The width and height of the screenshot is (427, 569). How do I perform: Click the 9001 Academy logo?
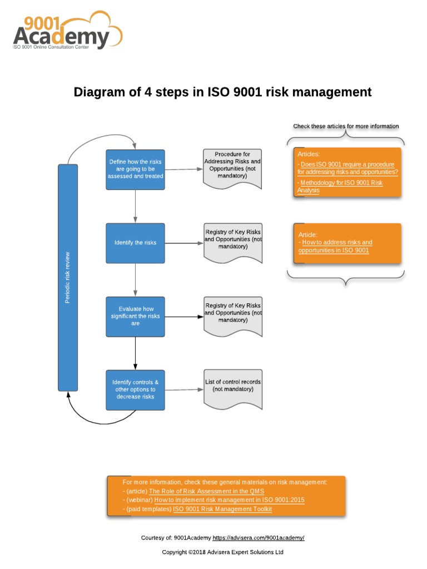(x=67, y=31)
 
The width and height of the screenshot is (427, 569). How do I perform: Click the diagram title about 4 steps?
(x=222, y=92)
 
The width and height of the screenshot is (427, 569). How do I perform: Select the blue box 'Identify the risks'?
(x=135, y=243)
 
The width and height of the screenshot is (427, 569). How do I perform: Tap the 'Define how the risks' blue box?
(x=135, y=169)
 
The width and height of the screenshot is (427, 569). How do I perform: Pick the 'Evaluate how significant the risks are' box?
(x=135, y=316)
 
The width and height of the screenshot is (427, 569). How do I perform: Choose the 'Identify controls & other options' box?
(x=135, y=390)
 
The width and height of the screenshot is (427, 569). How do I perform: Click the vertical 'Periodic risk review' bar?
(x=68, y=277)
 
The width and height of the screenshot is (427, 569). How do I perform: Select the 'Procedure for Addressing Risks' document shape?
(x=232, y=166)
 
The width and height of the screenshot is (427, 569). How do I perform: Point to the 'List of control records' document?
(x=232, y=386)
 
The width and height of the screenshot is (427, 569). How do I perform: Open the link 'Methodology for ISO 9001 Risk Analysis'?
(x=340, y=187)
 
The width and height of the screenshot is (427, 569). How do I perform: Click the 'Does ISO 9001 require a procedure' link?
(x=348, y=168)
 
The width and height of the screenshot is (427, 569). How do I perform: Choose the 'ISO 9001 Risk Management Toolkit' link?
(x=222, y=509)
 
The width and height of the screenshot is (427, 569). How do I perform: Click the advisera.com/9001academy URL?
(x=259, y=538)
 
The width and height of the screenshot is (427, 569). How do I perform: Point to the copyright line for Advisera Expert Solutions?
(x=222, y=552)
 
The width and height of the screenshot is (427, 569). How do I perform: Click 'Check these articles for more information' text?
(x=346, y=126)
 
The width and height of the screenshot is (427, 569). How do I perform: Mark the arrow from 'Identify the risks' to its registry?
(x=184, y=243)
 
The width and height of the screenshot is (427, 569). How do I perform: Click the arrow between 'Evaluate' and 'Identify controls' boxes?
(x=135, y=353)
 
